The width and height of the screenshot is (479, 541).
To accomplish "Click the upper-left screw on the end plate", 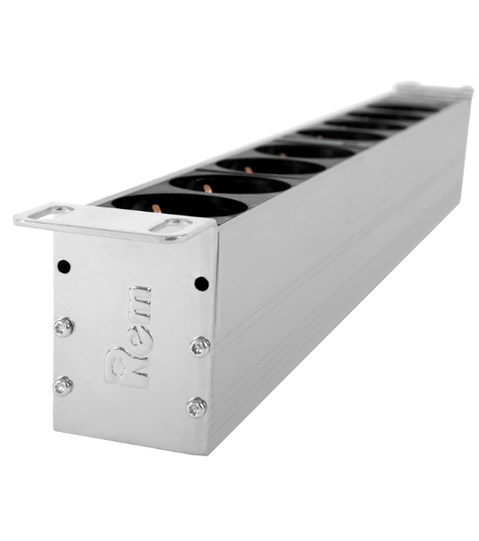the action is pyautogui.click(x=64, y=326).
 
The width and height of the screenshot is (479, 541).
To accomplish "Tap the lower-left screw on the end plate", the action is pyautogui.click(x=63, y=386).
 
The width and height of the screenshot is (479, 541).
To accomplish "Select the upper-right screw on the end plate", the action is pyautogui.click(x=200, y=346).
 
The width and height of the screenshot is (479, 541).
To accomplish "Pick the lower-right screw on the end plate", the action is pyautogui.click(x=197, y=408).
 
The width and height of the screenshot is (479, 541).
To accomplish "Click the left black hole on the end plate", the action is pyautogui.click(x=64, y=266).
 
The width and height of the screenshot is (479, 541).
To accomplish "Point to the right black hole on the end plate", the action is pyautogui.click(x=201, y=284).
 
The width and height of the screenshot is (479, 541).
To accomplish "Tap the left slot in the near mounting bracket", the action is pyautogui.click(x=51, y=212).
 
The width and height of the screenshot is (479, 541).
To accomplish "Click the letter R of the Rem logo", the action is pyautogui.click(x=127, y=367).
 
